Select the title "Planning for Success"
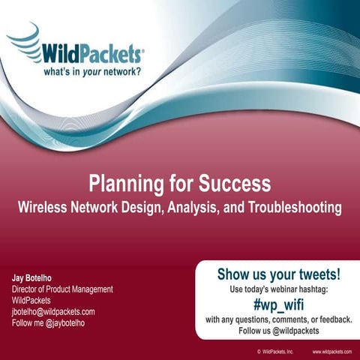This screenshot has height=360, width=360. pos(180,184)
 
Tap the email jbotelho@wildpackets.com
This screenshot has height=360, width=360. pos(52,312)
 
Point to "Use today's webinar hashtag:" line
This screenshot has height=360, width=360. pos(277,289)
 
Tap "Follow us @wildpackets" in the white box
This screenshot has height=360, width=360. pos(277,330)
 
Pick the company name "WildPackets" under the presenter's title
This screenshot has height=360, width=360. pos(32,301)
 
